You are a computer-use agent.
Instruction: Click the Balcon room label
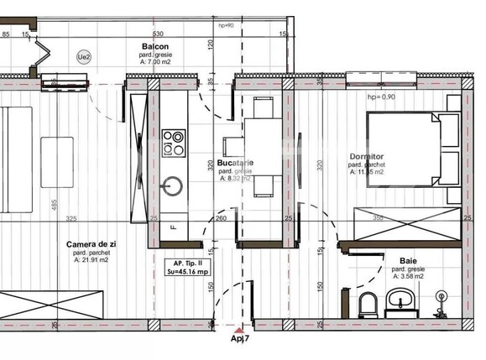pos(154,47)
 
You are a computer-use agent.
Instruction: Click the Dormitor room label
pos(367,157)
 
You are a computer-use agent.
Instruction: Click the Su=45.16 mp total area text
pos(186,271)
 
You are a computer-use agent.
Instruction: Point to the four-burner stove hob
pos(175,142)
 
